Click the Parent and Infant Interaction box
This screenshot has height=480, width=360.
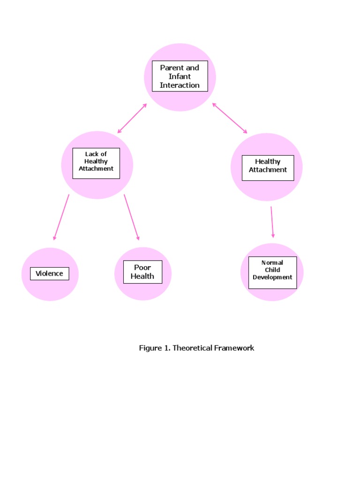tap(180, 76)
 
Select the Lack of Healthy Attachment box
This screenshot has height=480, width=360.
tap(96, 163)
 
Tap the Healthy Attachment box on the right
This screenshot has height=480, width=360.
tap(268, 167)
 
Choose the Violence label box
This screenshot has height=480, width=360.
tap(49, 274)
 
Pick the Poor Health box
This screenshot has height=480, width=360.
tap(142, 272)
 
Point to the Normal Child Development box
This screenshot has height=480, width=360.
tap(272, 272)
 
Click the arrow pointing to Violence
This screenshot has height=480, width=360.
tap(61, 217)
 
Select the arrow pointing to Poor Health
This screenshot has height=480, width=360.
tap(132, 217)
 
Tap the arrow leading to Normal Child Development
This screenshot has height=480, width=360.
tap(272, 222)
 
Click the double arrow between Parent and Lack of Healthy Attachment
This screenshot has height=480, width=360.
tap(132, 118)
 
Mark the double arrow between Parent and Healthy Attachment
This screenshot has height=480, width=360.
tap(230, 118)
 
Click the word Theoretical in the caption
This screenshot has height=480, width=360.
tap(192, 348)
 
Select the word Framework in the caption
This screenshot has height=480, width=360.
tap(234, 348)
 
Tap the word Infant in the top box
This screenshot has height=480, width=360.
tap(180, 76)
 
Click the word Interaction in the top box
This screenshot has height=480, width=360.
tap(180, 85)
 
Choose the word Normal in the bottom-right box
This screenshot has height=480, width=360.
tap(272, 263)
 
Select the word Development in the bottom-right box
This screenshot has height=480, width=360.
tap(272, 277)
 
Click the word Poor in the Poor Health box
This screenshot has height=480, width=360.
tap(142, 268)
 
